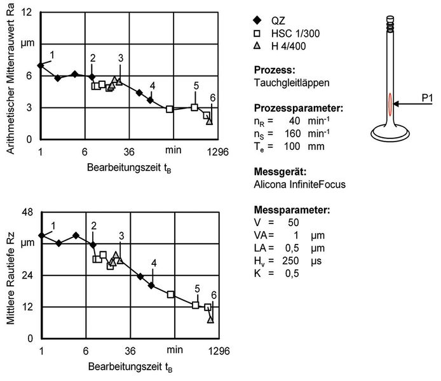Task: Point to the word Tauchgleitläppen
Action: pyautogui.click(x=287, y=82)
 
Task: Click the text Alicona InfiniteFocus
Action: pyautogui.click(x=294, y=184)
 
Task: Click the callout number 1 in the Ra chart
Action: pyautogui.click(x=52, y=55)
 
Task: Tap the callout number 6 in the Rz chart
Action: pyautogui.click(x=214, y=295)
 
